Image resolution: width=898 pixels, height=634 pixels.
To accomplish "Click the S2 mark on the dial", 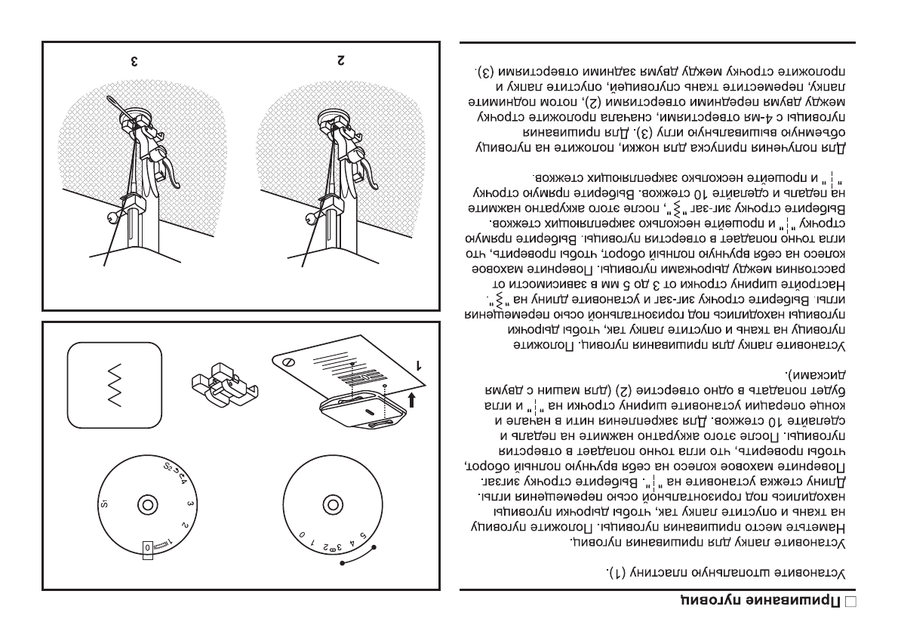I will [168, 466].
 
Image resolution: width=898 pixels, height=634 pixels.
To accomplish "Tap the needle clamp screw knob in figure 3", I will [113, 220].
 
